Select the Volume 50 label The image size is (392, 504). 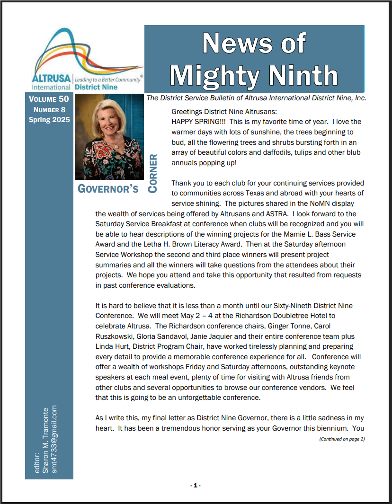tap(49, 99)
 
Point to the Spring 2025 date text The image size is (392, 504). tap(49, 120)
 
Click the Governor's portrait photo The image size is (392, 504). tap(109, 137)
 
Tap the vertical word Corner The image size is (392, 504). tap(153, 173)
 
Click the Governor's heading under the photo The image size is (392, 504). tap(108, 189)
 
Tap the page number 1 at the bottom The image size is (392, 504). tap(196, 486)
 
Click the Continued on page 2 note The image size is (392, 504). tap(342, 439)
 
